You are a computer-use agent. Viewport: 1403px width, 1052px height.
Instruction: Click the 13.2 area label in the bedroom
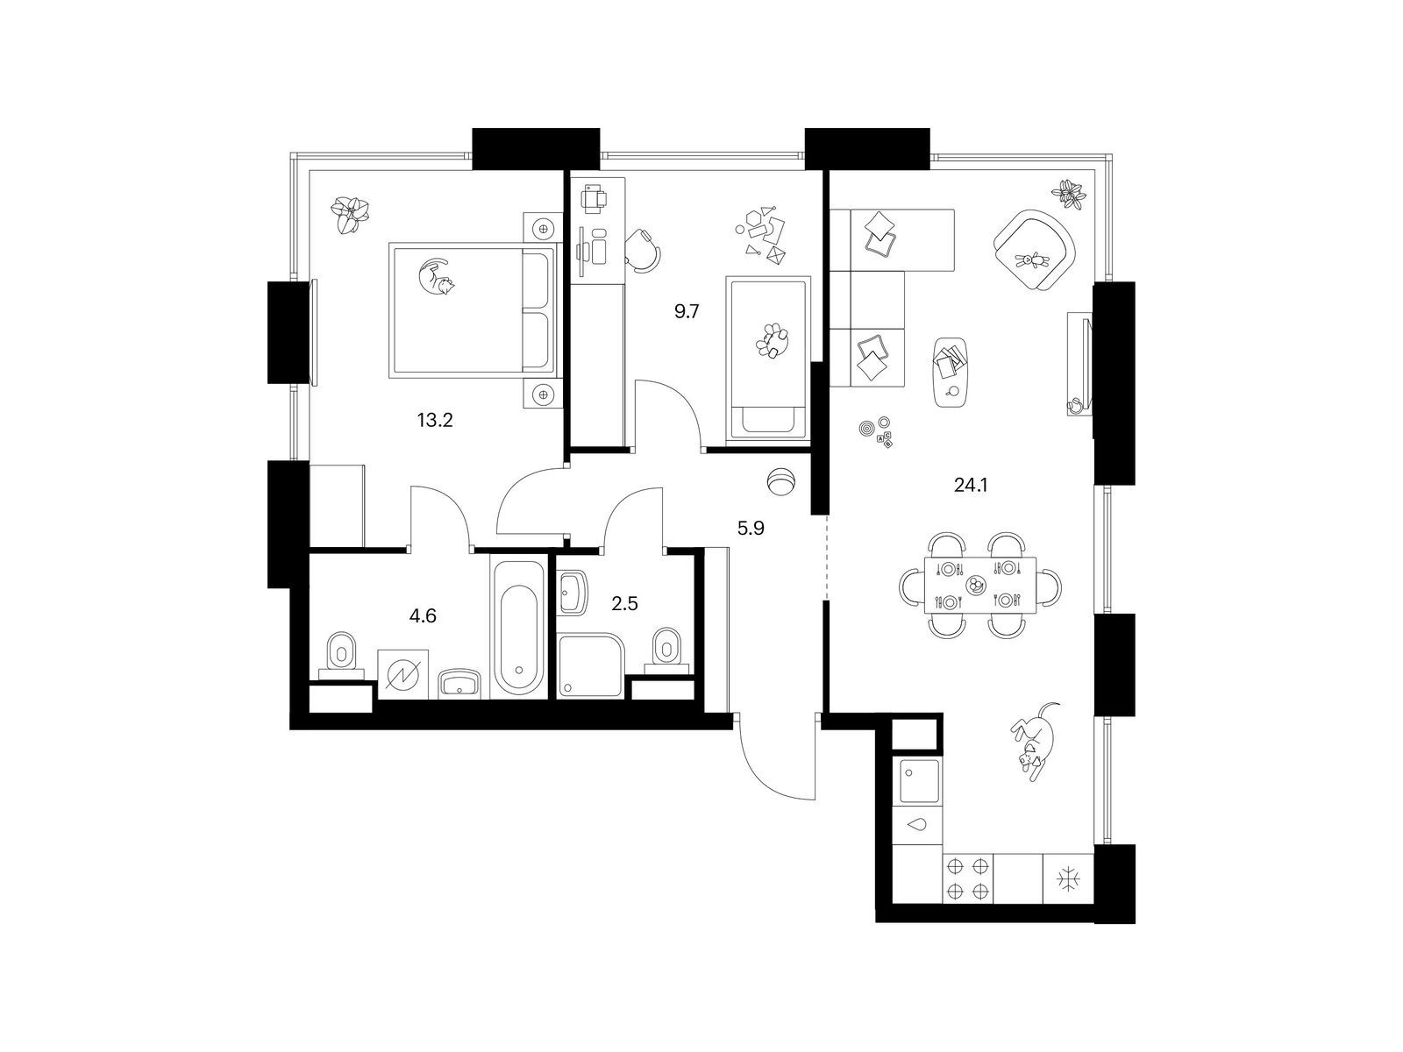tap(435, 420)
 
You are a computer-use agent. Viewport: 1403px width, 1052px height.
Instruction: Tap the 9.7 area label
tap(687, 312)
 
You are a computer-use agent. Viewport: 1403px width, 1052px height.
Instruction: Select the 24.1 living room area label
tap(971, 486)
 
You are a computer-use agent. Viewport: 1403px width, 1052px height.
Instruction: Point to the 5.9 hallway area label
tap(751, 529)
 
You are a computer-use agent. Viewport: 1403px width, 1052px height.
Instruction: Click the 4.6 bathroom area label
tap(423, 615)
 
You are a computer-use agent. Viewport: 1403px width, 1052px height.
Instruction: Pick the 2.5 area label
tap(624, 604)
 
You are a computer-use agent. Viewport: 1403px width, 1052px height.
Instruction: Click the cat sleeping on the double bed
tap(435, 276)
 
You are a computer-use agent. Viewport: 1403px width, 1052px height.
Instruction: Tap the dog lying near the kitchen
tap(1035, 741)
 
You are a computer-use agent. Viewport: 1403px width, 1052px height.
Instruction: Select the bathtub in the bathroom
tap(518, 628)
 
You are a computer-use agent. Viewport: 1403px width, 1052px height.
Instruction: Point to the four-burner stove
tap(967, 879)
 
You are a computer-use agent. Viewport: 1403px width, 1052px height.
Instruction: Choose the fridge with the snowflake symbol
tap(1068, 879)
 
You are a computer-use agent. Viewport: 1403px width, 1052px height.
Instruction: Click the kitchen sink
tap(919, 781)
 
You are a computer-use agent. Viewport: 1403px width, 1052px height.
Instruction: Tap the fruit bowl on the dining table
tap(975, 584)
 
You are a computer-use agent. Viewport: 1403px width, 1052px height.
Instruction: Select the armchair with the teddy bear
tap(1034, 251)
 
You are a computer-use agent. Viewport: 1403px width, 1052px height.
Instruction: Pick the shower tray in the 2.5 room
tap(590, 665)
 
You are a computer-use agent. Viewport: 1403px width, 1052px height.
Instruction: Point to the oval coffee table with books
tap(951, 372)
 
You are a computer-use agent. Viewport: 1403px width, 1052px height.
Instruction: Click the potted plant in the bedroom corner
tap(351, 216)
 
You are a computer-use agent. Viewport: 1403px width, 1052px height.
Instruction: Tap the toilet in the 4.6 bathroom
tap(341, 657)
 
